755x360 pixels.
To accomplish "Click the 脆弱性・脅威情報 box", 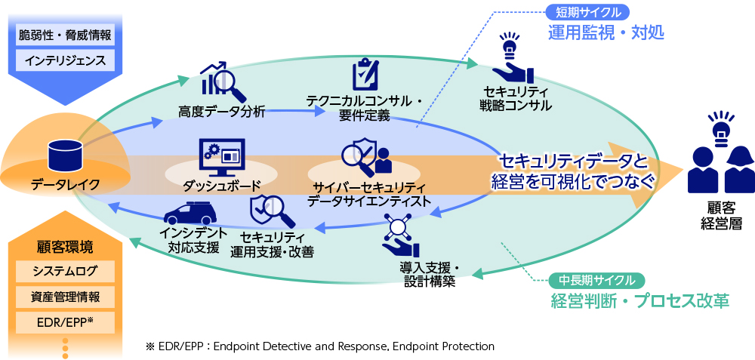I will tap(64, 34).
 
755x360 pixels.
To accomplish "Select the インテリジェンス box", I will tap(64, 60).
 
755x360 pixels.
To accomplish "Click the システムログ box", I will tap(64, 271).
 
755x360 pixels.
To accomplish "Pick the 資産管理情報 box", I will tap(64, 297).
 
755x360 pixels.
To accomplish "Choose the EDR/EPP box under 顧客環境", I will tap(64, 322).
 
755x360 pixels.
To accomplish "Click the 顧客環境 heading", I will tap(64, 247).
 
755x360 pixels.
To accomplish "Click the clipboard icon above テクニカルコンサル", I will tap(365, 75).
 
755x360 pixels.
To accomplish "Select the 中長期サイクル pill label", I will tap(596, 280).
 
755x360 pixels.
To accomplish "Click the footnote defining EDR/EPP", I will tap(320, 346).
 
